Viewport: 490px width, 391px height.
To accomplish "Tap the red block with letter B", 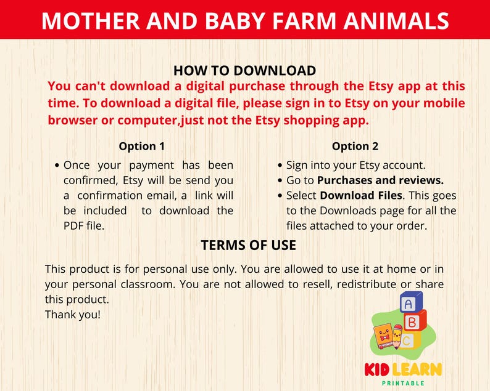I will tap(413, 321).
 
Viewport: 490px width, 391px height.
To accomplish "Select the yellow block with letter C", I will tap(409, 339).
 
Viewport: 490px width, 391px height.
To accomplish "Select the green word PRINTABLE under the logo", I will tap(402, 383).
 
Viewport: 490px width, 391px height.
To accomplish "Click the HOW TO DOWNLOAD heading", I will tap(244, 71).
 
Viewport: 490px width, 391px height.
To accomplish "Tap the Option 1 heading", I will tap(142, 147).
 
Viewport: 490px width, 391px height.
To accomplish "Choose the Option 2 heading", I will tap(355, 147).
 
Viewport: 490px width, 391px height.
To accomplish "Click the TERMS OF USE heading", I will tap(248, 245).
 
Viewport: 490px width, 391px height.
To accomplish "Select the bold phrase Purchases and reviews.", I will tap(380, 180).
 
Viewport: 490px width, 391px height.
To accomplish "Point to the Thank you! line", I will tap(73, 314).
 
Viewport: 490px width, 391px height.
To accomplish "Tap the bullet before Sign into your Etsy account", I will tap(281, 166).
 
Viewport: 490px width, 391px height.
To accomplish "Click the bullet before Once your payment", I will tap(57, 166).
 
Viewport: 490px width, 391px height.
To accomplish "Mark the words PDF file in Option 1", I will tap(84, 225).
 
